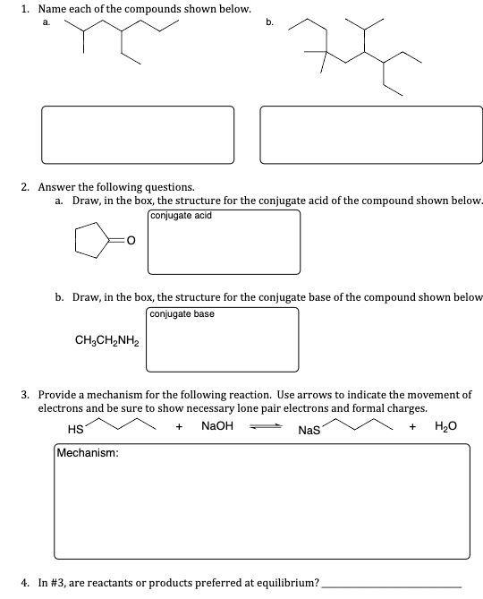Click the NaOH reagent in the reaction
[217, 427]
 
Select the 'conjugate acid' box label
[182, 216]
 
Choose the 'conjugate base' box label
[182, 314]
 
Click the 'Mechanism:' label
[89, 453]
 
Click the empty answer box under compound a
[137, 135]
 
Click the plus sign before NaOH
[180, 427]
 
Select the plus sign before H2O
[411, 427]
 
